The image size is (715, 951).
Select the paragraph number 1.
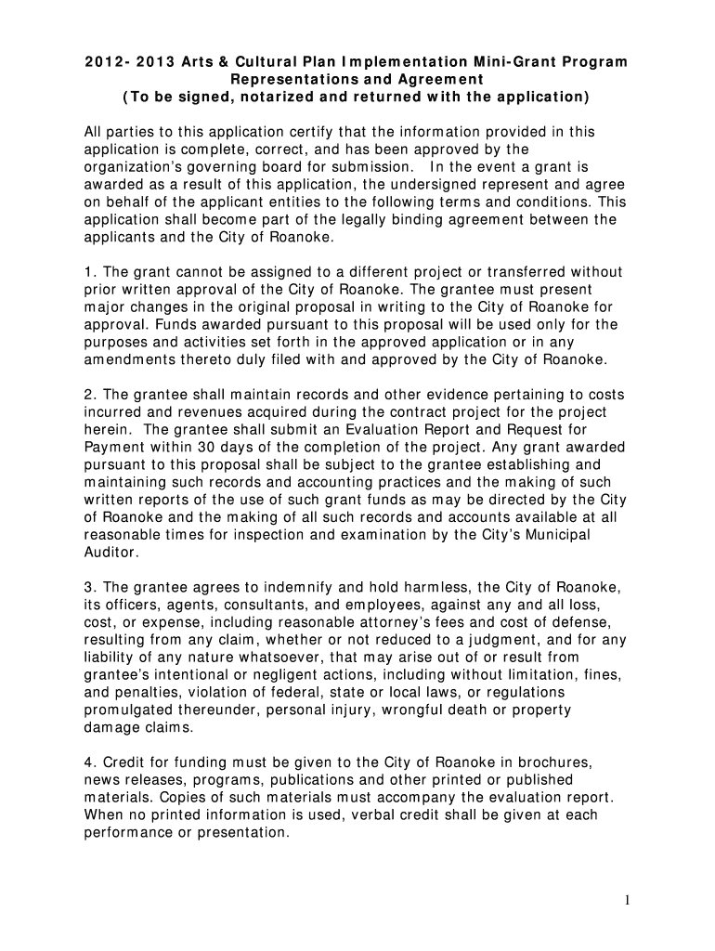[x=88, y=272]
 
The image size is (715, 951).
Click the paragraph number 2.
[x=88, y=395]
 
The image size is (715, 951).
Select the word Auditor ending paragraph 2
[x=110, y=552]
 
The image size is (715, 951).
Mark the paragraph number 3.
[x=88, y=587]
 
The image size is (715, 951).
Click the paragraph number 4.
[x=88, y=762]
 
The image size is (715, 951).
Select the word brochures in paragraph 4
[x=552, y=762]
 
